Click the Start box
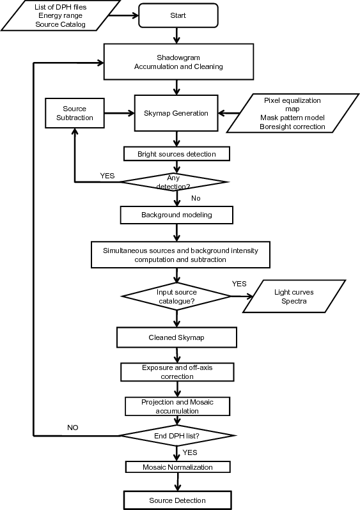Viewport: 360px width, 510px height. [x=178, y=15]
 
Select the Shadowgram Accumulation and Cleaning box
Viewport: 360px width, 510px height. [x=178, y=62]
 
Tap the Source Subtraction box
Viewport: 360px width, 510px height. [x=75, y=113]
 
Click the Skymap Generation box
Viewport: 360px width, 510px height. [x=176, y=113]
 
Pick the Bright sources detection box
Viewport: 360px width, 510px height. [x=176, y=154]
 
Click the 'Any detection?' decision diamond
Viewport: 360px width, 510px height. [x=175, y=182]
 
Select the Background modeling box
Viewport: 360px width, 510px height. [x=176, y=215]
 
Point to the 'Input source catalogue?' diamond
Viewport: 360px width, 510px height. [x=176, y=297]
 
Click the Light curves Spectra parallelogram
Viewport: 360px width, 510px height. [x=294, y=297]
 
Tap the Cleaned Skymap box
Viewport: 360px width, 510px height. [x=176, y=337]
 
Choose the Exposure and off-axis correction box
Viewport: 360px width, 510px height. [x=177, y=372]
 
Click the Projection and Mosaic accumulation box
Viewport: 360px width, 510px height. [x=177, y=406]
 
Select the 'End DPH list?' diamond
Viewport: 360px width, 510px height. [x=176, y=436]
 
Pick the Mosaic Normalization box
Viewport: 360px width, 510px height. [x=178, y=467]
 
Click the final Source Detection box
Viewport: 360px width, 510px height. [x=177, y=500]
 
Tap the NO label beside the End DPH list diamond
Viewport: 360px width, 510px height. [x=73, y=428]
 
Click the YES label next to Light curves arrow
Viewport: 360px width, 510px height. [x=239, y=284]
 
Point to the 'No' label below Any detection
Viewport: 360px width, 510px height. [x=196, y=198]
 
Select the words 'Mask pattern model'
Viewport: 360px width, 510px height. [x=292, y=118]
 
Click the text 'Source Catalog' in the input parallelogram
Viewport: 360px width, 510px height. [x=61, y=24]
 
